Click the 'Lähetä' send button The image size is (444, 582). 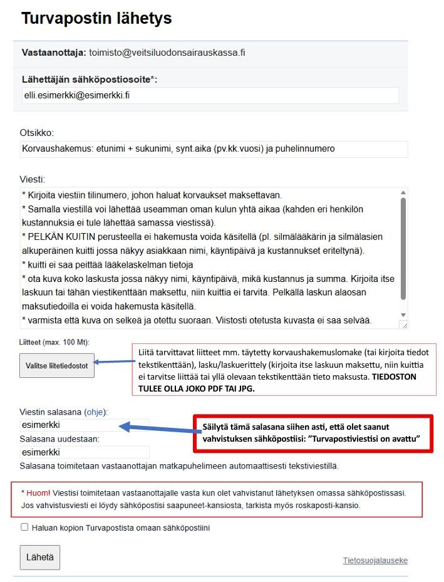tap(40, 556)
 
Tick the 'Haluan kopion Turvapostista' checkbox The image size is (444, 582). tap(25, 527)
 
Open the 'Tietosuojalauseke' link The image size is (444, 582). tap(374, 560)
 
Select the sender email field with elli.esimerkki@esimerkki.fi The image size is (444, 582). tap(210, 95)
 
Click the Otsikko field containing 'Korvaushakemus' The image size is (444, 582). tap(213, 149)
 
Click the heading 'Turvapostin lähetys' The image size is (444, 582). tap(96, 18)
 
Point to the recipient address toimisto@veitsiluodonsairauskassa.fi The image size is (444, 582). tap(167, 53)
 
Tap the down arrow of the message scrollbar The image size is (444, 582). tap(403, 315)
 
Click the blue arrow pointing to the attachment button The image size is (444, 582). tap(115, 362)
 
